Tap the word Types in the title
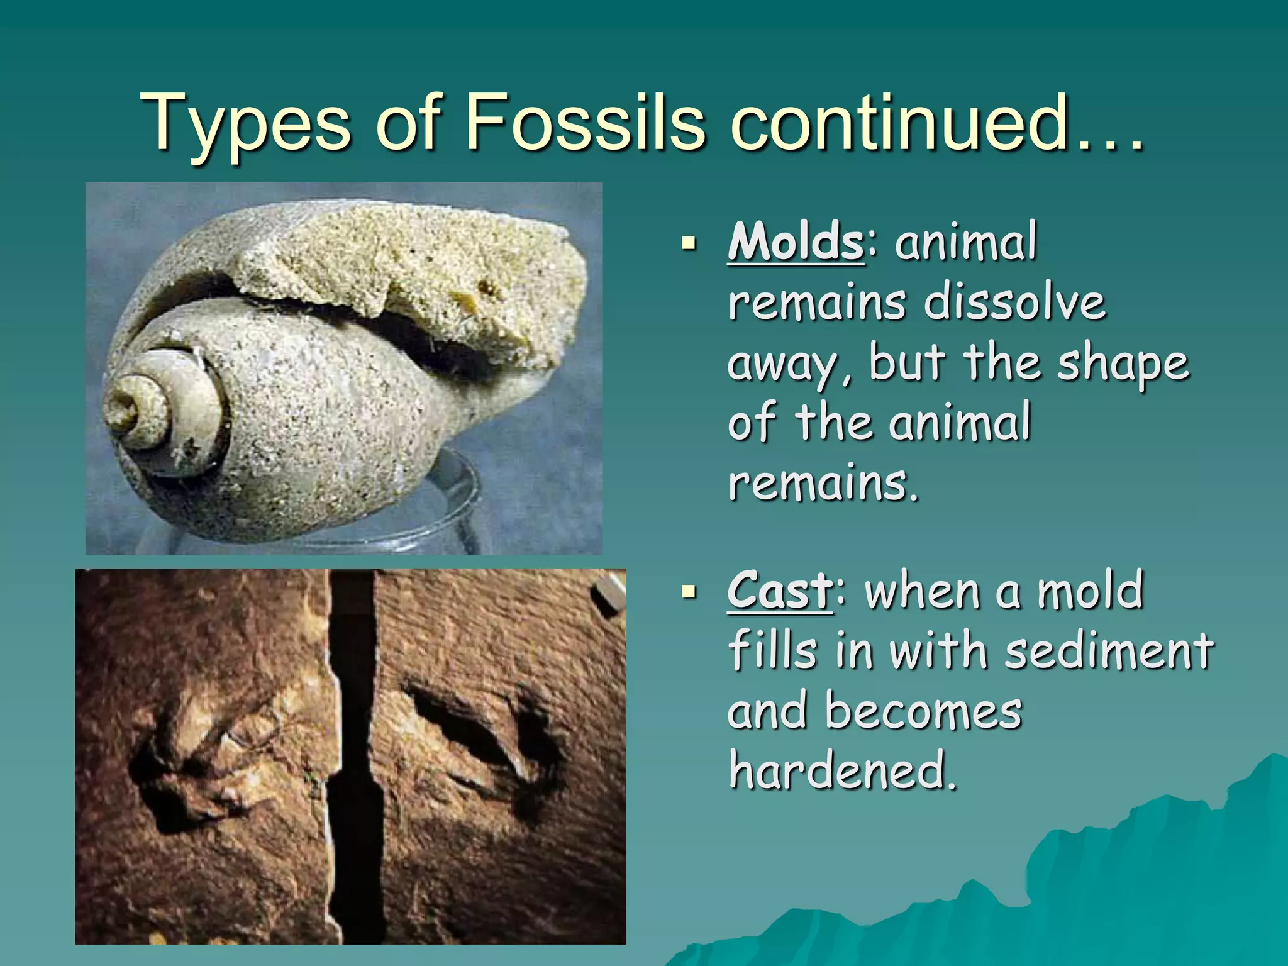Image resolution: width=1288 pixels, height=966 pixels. pyautogui.click(x=245, y=123)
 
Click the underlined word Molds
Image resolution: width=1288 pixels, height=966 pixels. pyautogui.click(x=796, y=242)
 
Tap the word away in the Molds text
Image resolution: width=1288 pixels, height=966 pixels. pyautogui.click(x=789, y=365)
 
